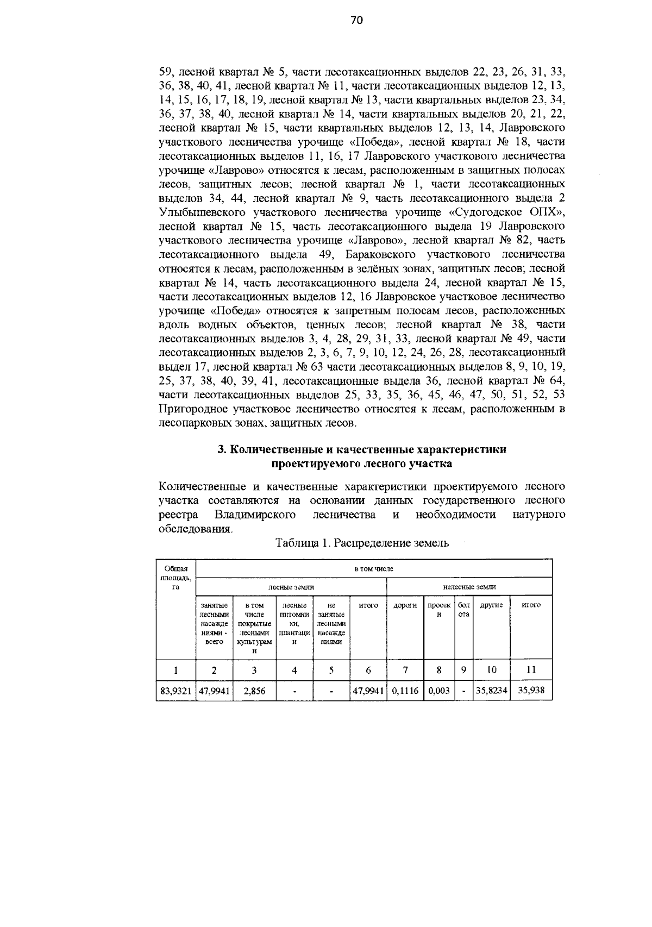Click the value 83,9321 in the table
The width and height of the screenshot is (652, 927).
pyautogui.click(x=175, y=691)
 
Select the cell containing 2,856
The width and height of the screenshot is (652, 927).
pyautogui.click(x=254, y=691)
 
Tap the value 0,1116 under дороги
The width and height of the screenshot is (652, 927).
pyautogui.click(x=405, y=691)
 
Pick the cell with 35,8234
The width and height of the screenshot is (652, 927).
pyautogui.click(x=491, y=691)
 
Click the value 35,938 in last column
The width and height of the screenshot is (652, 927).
pyautogui.click(x=531, y=691)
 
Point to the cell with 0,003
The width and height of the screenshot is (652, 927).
pyautogui.click(x=438, y=691)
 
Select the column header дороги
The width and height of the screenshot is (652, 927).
pyautogui.click(x=405, y=605)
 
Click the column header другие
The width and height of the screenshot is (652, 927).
pyautogui.click(x=491, y=605)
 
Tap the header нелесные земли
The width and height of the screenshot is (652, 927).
pyautogui.click(x=469, y=587)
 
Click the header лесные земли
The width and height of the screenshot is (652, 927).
pyautogui.click(x=291, y=587)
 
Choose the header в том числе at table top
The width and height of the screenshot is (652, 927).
pyautogui.click(x=373, y=568)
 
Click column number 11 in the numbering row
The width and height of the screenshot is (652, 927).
pyautogui.click(x=531, y=670)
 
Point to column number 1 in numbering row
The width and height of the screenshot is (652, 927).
pyautogui.click(x=175, y=670)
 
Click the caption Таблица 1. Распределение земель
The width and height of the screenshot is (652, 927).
pyautogui.click(x=362, y=543)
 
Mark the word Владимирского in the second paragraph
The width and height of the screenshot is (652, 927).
pyautogui.click(x=255, y=514)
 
